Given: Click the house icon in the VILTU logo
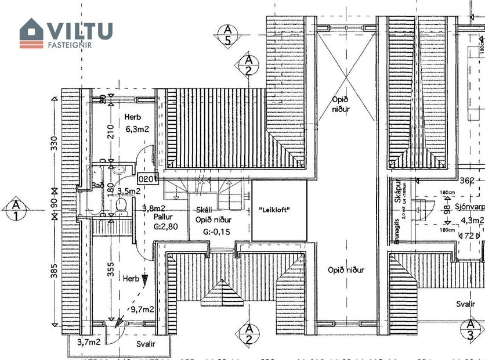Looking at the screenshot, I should [x=32, y=33].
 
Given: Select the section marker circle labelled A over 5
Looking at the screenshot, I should [x=228, y=35].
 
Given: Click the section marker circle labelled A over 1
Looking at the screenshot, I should [x=16, y=210].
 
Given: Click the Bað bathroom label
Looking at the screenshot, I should [x=97, y=186].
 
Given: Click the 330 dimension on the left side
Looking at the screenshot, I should [x=55, y=143].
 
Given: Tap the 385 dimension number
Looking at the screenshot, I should [x=55, y=271].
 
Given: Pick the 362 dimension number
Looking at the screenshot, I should [x=466, y=181].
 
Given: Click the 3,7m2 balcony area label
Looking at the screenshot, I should [x=89, y=342].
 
